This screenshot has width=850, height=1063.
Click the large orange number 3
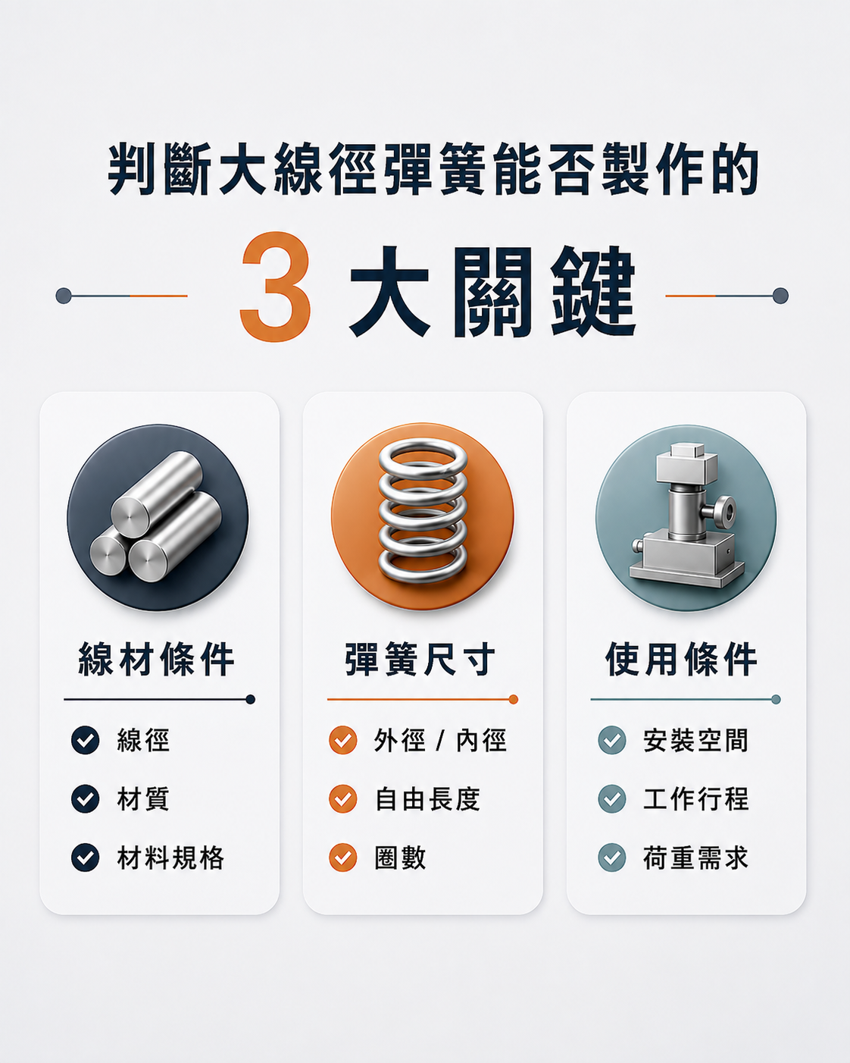click(275, 287)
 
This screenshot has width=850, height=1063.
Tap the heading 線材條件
click(157, 660)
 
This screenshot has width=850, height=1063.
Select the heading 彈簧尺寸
click(420, 660)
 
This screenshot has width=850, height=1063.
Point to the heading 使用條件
click(681, 660)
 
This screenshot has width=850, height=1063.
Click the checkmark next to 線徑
click(86, 741)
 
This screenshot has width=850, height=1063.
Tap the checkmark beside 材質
click(86, 798)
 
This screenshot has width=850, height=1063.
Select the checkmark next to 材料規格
click(86, 857)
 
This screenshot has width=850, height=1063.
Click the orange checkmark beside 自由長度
click(343, 798)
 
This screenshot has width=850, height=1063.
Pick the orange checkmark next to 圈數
click(343, 857)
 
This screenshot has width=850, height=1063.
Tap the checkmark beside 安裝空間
click(612, 741)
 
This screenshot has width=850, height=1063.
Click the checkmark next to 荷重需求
click(612, 857)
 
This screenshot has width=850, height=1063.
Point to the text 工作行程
click(696, 798)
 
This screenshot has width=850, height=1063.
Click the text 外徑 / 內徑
click(440, 741)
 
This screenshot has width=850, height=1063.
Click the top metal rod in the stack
click(157, 494)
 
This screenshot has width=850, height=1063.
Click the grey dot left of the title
click(64, 296)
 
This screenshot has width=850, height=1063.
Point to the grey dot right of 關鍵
click(780, 296)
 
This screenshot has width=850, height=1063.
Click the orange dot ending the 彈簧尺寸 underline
click(514, 700)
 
